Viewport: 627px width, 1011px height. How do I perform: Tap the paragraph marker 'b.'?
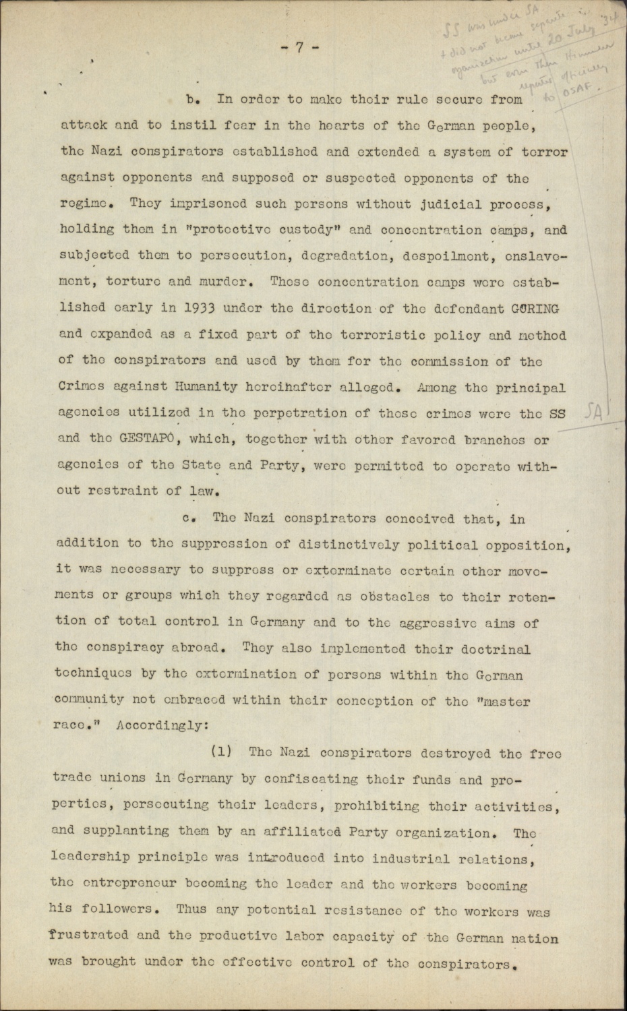pyautogui.click(x=195, y=100)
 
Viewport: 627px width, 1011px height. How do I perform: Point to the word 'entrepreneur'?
pyautogui.click(x=125, y=884)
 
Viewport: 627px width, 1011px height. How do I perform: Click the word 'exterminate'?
pyautogui.click(x=349, y=570)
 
